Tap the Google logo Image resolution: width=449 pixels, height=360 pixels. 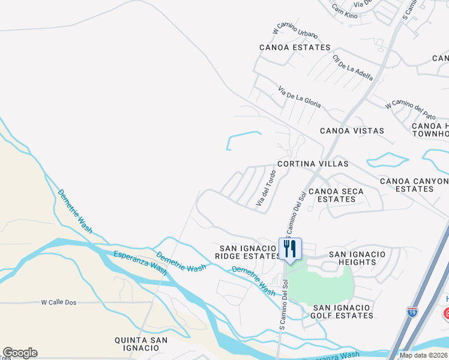20,353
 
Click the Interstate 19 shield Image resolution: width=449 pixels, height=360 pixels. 412,312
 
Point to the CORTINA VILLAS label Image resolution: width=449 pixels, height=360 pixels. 312,164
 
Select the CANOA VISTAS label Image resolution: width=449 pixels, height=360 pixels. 352,131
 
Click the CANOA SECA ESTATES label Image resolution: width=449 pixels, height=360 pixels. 340,196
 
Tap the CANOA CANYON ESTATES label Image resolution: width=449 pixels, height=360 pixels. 414,185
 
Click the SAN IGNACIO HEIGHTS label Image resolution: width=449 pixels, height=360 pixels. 357,259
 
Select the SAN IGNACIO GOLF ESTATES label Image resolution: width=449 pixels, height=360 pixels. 343,311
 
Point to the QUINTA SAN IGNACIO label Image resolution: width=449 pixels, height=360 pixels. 141,344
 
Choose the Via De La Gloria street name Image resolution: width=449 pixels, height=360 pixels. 299,97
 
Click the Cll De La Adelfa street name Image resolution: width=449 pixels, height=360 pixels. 352,68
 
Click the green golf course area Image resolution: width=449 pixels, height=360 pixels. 321,282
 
